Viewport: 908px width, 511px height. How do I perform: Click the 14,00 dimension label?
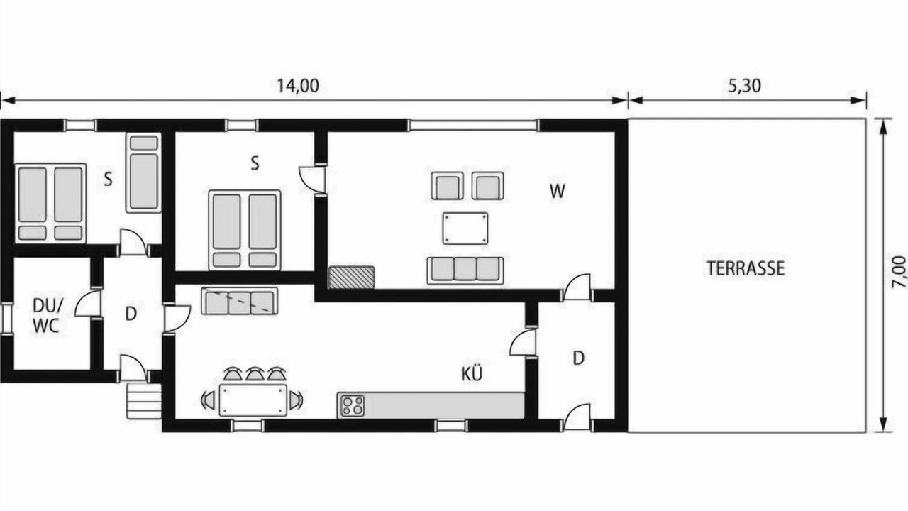point(297,86)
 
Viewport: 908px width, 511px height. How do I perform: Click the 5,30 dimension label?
point(744,86)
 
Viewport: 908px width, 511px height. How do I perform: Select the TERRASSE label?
point(746,268)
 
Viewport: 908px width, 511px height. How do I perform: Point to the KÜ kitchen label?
point(472,374)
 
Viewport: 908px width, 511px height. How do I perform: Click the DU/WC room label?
point(48,316)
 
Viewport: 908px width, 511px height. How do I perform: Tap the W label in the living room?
point(558,192)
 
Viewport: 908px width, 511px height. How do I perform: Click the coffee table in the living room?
point(465,228)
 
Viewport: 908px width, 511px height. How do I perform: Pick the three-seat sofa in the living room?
point(465,270)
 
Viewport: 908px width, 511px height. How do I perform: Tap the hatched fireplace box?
point(351,278)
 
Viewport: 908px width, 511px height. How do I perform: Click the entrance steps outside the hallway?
point(144,401)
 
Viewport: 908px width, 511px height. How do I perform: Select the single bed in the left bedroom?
point(143,172)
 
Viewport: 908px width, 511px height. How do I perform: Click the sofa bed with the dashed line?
point(239,300)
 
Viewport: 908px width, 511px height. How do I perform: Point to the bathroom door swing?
point(87,303)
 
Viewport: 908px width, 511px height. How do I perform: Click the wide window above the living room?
point(473,125)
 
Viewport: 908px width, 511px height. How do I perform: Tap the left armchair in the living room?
point(447,186)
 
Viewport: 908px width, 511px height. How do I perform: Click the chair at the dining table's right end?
point(296,400)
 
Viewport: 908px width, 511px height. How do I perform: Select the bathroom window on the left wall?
point(6,319)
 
